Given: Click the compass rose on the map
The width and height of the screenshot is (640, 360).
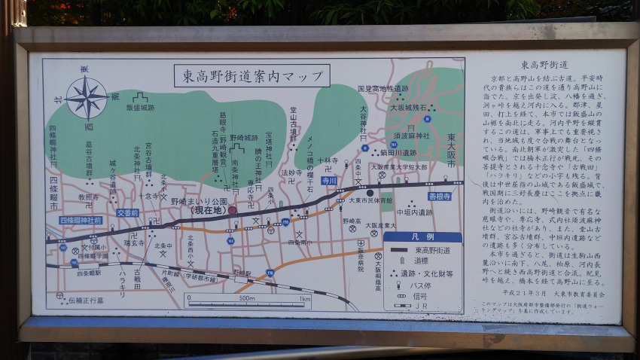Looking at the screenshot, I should click(x=86, y=97).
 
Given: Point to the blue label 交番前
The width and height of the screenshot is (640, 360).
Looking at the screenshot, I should click(x=127, y=212).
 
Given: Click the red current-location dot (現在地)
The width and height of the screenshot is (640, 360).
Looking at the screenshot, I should click(x=232, y=210).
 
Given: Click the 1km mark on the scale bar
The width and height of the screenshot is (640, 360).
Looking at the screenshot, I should click(x=304, y=299).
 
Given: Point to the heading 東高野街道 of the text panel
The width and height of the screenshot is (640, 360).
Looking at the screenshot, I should click(x=545, y=65).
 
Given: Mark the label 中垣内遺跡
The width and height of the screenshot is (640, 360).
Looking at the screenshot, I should click(x=415, y=212).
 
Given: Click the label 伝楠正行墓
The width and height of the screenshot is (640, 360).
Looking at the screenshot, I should click(x=87, y=299).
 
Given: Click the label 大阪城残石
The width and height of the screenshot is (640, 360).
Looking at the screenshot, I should click(x=409, y=108).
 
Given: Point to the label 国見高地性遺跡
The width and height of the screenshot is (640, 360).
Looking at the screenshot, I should click(x=382, y=88).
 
